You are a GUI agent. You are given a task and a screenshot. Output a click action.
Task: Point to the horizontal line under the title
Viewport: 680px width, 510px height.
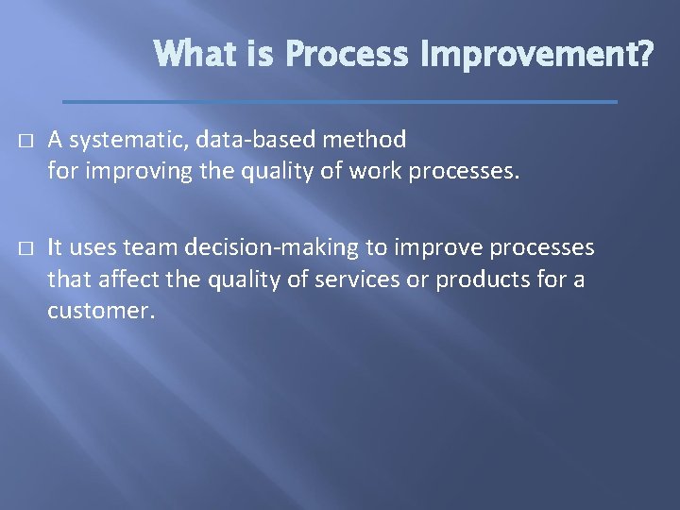(339, 101)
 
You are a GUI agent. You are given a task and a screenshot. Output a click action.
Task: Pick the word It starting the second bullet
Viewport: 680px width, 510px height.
(56, 247)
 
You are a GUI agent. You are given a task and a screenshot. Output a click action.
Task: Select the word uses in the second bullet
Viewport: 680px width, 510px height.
(91, 247)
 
